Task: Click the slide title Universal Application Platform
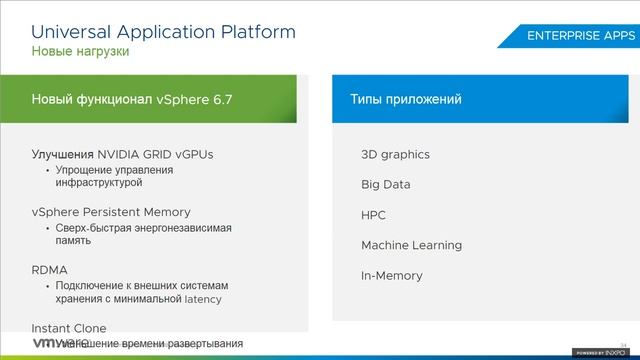tap(163, 31)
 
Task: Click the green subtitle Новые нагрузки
tap(80, 51)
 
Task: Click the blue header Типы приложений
tap(405, 100)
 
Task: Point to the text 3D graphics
tap(395, 154)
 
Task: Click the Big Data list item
tap(385, 184)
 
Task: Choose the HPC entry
tap(373, 215)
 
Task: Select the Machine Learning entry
tap(411, 245)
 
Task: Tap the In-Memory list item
tap(391, 275)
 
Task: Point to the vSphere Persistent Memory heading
tap(111, 212)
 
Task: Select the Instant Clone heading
tap(69, 328)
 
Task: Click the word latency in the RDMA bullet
tap(203, 299)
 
